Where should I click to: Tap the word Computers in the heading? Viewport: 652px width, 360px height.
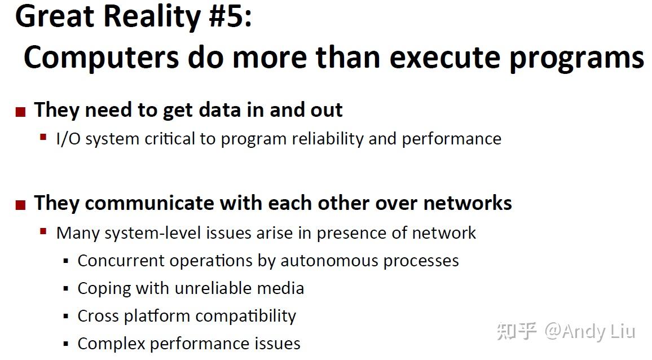[101, 58]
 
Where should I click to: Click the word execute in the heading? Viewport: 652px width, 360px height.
[444, 58]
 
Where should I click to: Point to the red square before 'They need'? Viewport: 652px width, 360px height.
[20, 112]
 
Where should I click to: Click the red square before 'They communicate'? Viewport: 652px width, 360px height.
[20, 205]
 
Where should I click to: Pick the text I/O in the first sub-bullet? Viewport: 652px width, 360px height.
[68, 139]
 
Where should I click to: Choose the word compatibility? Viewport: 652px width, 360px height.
[245, 317]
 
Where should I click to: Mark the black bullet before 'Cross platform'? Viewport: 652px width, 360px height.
[65, 317]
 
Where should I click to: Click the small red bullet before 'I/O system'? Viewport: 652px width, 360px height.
[43, 137]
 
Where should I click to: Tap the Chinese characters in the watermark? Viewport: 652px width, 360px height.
[517, 331]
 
